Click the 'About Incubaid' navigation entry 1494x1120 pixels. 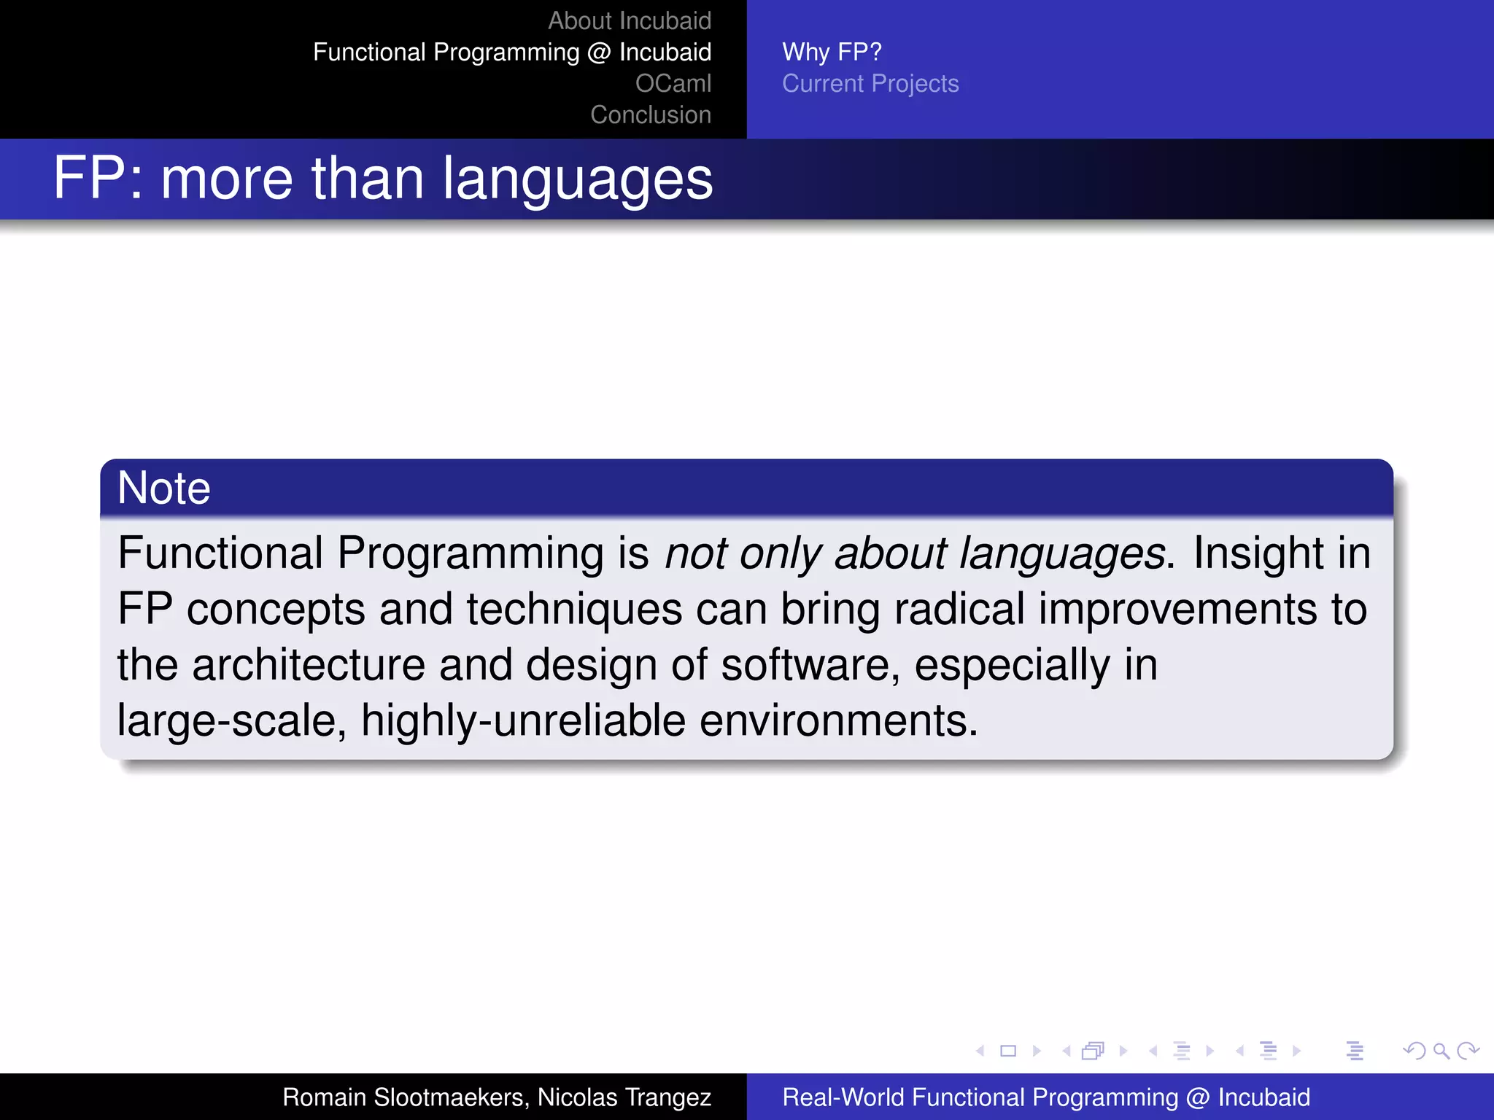click(629, 20)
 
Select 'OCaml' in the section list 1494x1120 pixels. click(673, 83)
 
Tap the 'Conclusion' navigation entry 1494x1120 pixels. click(650, 114)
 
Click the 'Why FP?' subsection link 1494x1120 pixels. click(832, 52)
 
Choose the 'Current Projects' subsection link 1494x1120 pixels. click(870, 83)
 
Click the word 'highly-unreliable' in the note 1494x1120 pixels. click(523, 720)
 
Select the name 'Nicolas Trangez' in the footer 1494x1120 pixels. click(624, 1097)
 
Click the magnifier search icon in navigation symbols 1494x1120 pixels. click(1441, 1051)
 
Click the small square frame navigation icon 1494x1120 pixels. click(1008, 1051)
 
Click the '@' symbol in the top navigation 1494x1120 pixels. click(598, 52)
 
